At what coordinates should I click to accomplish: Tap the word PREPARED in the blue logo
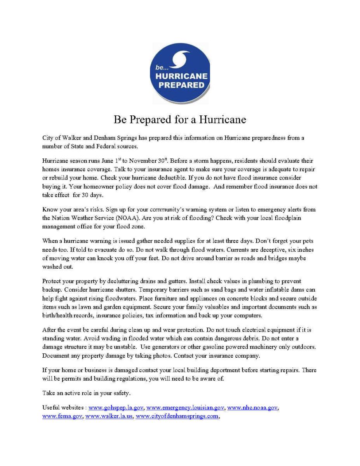pos(181,85)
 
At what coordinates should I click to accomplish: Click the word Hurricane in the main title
pos(223,119)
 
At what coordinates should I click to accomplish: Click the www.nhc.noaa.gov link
pos(252,407)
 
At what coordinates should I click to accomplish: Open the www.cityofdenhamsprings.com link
pos(177,416)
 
